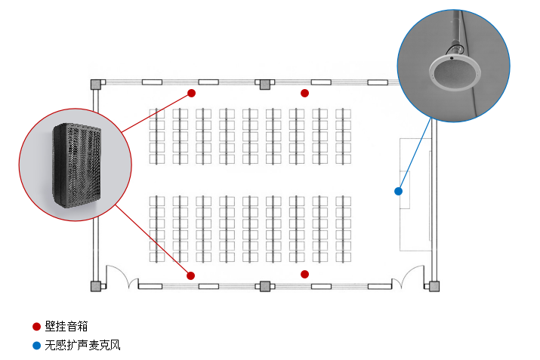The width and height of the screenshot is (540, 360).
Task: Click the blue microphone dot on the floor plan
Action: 398,191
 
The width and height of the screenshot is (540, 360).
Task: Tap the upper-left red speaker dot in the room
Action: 192,94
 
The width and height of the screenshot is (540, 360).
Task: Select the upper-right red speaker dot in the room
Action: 305,94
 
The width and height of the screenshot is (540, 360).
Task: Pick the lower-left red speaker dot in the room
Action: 191,275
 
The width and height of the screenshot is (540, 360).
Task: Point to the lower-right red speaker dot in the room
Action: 305,274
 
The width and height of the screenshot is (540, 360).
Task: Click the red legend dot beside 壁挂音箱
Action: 36,327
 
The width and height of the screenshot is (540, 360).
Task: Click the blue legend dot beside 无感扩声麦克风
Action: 36,346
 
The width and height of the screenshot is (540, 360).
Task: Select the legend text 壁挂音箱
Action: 66,327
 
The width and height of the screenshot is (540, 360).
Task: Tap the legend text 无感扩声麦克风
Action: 82,346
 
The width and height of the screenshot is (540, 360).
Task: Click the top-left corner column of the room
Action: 96,84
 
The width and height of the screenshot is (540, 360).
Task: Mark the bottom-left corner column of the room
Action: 96,286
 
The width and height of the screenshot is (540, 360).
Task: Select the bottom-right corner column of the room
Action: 434,286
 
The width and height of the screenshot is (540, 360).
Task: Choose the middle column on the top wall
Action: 264,84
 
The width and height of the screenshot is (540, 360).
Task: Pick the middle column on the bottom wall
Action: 264,286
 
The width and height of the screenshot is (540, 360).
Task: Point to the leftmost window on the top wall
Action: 152,82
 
